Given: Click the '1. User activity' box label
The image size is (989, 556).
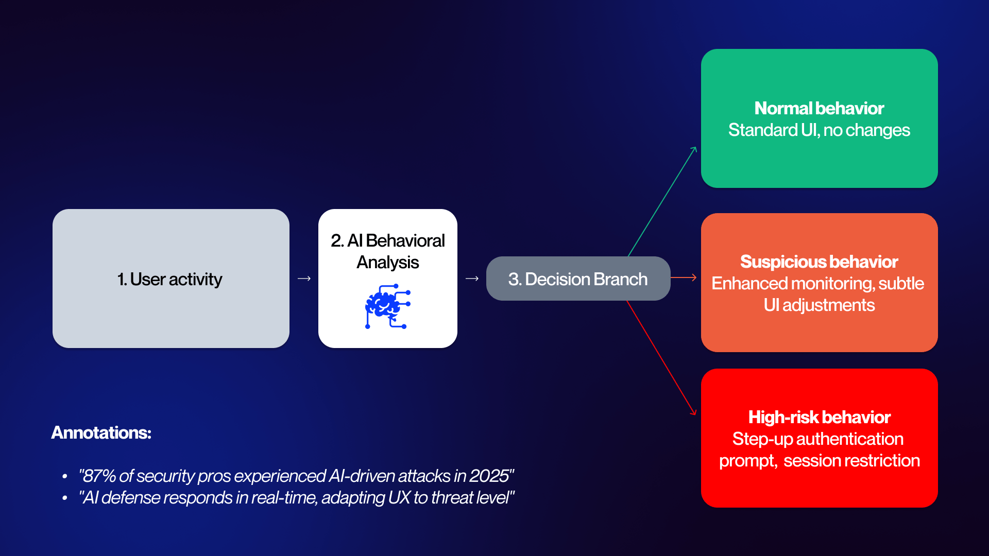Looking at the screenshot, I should (169, 279).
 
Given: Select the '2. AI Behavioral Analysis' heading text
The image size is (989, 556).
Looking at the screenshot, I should (387, 251).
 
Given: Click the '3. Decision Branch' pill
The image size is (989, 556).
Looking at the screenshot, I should (578, 279).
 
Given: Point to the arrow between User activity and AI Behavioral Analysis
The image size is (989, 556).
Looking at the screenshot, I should (304, 279).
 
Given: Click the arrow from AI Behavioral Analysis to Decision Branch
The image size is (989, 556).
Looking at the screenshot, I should (472, 279).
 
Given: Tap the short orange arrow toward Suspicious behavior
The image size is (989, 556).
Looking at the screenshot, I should (684, 277).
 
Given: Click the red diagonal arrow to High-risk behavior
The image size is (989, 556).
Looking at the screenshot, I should (661, 358).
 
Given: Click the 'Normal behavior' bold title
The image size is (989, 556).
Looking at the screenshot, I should (819, 108).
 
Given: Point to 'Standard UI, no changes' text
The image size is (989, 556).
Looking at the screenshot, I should (819, 130).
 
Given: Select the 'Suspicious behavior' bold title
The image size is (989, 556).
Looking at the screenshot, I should (819, 262).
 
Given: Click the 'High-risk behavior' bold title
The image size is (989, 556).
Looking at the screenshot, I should (819, 417).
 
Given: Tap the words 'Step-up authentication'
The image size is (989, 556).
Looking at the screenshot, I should (818, 439).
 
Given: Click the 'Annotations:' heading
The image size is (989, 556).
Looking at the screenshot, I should (101, 432).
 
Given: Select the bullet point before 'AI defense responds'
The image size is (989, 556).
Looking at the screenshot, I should (64, 498).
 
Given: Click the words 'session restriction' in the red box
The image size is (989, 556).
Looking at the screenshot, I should (851, 460).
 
